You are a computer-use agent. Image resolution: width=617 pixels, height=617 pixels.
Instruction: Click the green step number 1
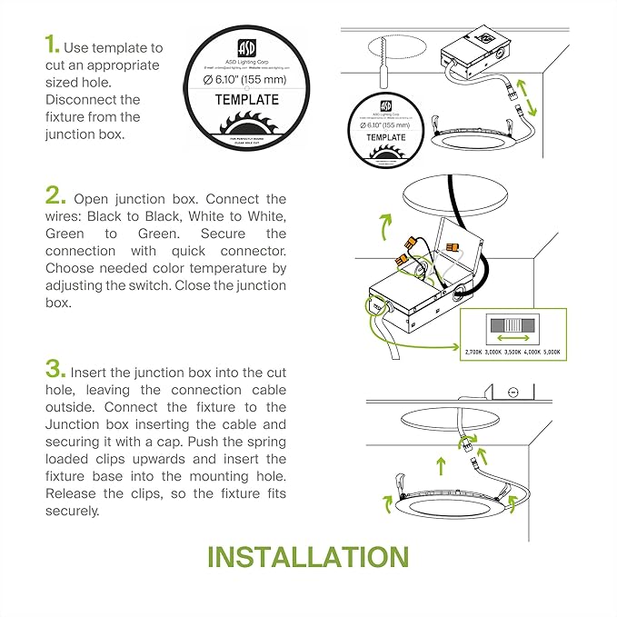tap(53, 45)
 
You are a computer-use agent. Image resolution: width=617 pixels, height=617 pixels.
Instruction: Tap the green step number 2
tap(56, 197)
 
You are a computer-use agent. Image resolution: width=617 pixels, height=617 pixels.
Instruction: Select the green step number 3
tap(55, 371)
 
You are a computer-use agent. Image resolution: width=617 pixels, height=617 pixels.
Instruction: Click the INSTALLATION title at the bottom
tap(308, 556)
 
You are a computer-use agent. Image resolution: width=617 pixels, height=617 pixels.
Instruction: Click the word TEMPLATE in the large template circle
tap(247, 100)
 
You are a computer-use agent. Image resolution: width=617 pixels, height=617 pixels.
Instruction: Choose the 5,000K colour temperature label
tap(552, 351)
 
